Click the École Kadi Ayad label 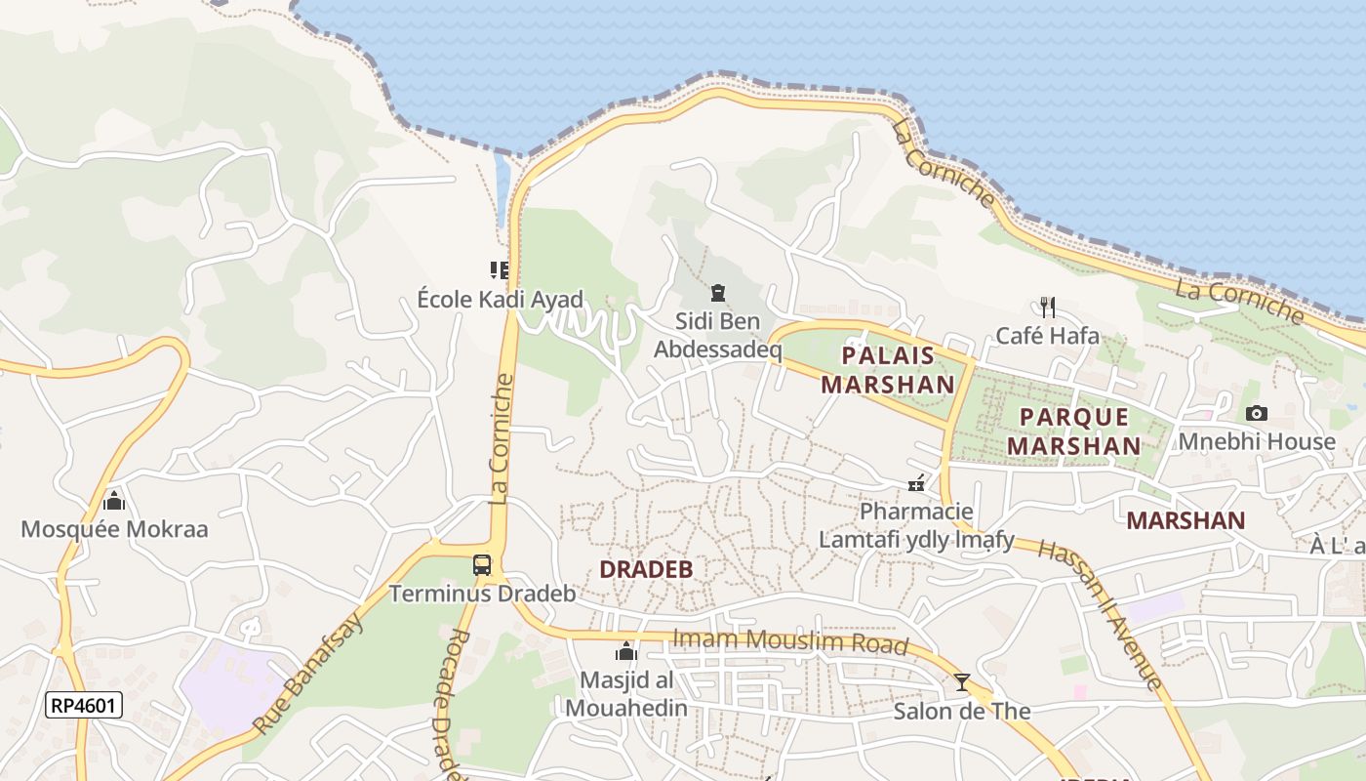pyautogui.click(x=500, y=300)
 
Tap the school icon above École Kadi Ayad pyautogui.click(x=500, y=269)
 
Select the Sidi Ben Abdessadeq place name pyautogui.click(x=718, y=335)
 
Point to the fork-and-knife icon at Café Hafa pyautogui.click(x=1048, y=308)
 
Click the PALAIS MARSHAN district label pyautogui.click(x=887, y=370)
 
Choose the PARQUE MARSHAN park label pyautogui.click(x=1073, y=432)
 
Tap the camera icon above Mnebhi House pyautogui.click(x=1257, y=413)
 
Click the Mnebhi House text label pyautogui.click(x=1257, y=442)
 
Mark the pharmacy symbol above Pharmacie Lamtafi pyautogui.click(x=916, y=482)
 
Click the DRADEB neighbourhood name pyautogui.click(x=645, y=569)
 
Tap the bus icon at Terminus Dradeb pyautogui.click(x=482, y=564)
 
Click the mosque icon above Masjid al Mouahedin pyautogui.click(x=625, y=651)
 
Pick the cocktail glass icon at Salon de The pyautogui.click(x=962, y=681)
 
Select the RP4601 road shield pyautogui.click(x=84, y=705)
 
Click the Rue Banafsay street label pyautogui.click(x=308, y=674)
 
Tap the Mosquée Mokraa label pyautogui.click(x=114, y=530)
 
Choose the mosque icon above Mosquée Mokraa pyautogui.click(x=114, y=501)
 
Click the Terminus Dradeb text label pyautogui.click(x=482, y=594)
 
